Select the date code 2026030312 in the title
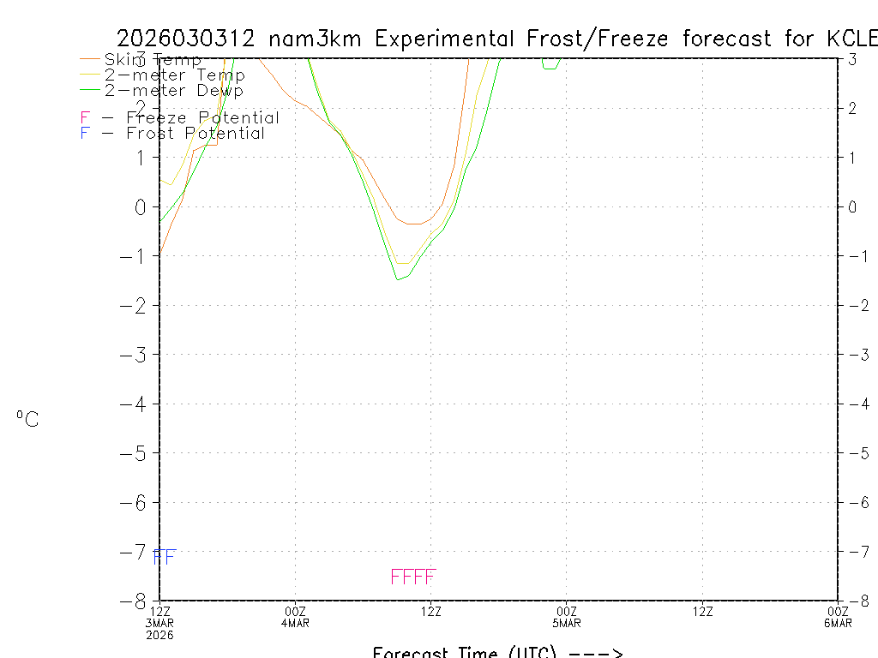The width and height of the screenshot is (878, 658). pos(186,39)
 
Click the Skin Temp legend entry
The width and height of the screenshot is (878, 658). pos(153,60)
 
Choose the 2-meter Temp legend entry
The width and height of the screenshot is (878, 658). pos(174,75)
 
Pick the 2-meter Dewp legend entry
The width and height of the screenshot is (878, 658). pos(173,90)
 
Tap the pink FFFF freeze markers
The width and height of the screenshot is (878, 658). pos(413,577)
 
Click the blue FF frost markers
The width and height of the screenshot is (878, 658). pos(164,557)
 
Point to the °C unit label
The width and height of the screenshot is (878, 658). pos(27,420)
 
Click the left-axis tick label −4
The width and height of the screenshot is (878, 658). pos(137,404)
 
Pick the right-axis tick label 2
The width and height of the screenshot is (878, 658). pos(852,108)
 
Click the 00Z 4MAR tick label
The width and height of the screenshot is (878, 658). pos(295,616)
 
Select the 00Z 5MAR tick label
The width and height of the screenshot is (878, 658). pos(566,616)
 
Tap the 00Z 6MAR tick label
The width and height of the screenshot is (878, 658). pos(837,616)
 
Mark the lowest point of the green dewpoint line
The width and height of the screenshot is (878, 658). pos(398,279)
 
